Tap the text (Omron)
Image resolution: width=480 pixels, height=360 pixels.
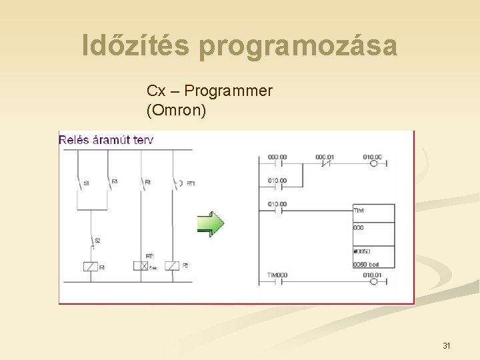176,110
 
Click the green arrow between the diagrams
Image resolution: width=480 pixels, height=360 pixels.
210,224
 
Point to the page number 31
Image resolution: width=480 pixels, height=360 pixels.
446,345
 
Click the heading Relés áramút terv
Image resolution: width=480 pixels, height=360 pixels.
106,139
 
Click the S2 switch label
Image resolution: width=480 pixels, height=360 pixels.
97,239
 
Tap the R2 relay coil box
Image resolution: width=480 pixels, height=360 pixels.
172,266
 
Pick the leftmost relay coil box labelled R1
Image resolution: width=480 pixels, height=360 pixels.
89,267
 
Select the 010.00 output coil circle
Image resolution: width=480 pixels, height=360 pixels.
373,163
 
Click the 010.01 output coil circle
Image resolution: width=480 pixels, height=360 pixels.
373,282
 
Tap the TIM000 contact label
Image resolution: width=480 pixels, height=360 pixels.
277,275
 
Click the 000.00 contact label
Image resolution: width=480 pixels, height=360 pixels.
277,157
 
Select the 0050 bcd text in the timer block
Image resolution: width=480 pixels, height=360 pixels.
367,264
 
